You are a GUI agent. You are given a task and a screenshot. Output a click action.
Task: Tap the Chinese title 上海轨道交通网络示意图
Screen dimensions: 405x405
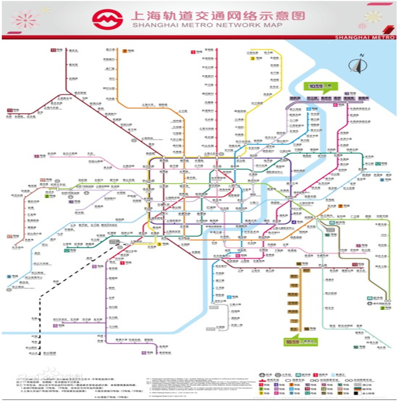click(x=217, y=15)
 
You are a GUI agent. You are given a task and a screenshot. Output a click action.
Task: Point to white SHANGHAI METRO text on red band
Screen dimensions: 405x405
click(x=364, y=37)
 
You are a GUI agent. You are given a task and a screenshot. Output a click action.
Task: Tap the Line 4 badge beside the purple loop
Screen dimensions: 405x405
click(x=294, y=222)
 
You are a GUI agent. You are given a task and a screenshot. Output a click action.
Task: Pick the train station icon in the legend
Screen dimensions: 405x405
click(x=278, y=375)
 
